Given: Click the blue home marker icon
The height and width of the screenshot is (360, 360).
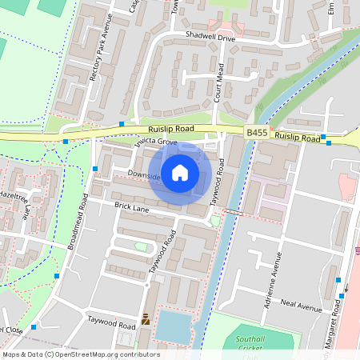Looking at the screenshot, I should click(x=180, y=172).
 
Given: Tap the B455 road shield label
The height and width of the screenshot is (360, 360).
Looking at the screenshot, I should click(x=255, y=132).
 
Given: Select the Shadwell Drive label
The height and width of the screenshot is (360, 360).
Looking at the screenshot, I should click(x=210, y=37).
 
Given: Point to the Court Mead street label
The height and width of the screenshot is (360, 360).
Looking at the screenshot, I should click(x=220, y=81).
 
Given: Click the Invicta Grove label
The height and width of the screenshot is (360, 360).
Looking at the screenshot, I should click(x=155, y=142).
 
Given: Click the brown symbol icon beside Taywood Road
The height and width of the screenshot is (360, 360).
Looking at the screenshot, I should click(x=145, y=319).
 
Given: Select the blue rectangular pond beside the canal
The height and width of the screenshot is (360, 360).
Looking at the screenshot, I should click(x=174, y=326).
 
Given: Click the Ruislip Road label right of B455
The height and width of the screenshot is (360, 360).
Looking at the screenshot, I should click(x=297, y=137).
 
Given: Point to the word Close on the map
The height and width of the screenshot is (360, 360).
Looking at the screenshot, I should click(x=10, y=330).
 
